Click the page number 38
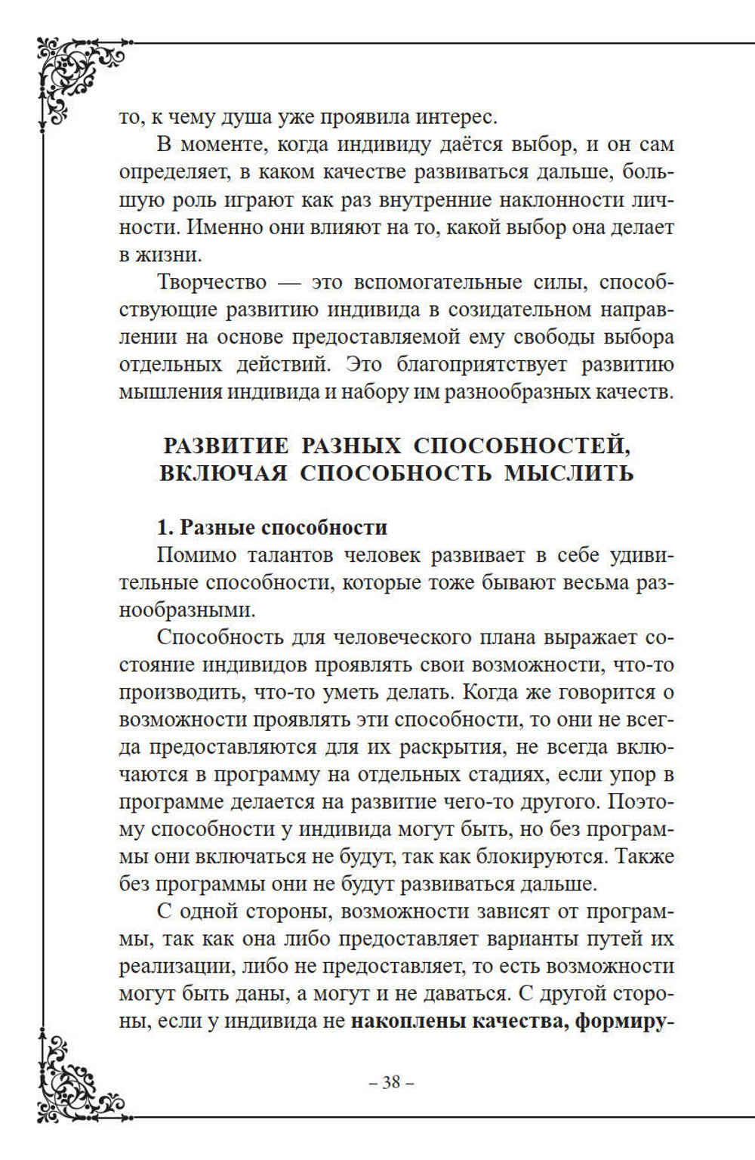coord(391,1082)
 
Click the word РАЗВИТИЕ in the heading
coord(226,446)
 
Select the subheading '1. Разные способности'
coord(272,527)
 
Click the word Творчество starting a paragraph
coord(212,282)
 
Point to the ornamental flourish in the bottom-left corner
coord(75,1080)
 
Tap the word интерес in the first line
coord(462,117)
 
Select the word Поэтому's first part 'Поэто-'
coord(641,801)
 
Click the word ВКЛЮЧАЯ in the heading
coord(223,474)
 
